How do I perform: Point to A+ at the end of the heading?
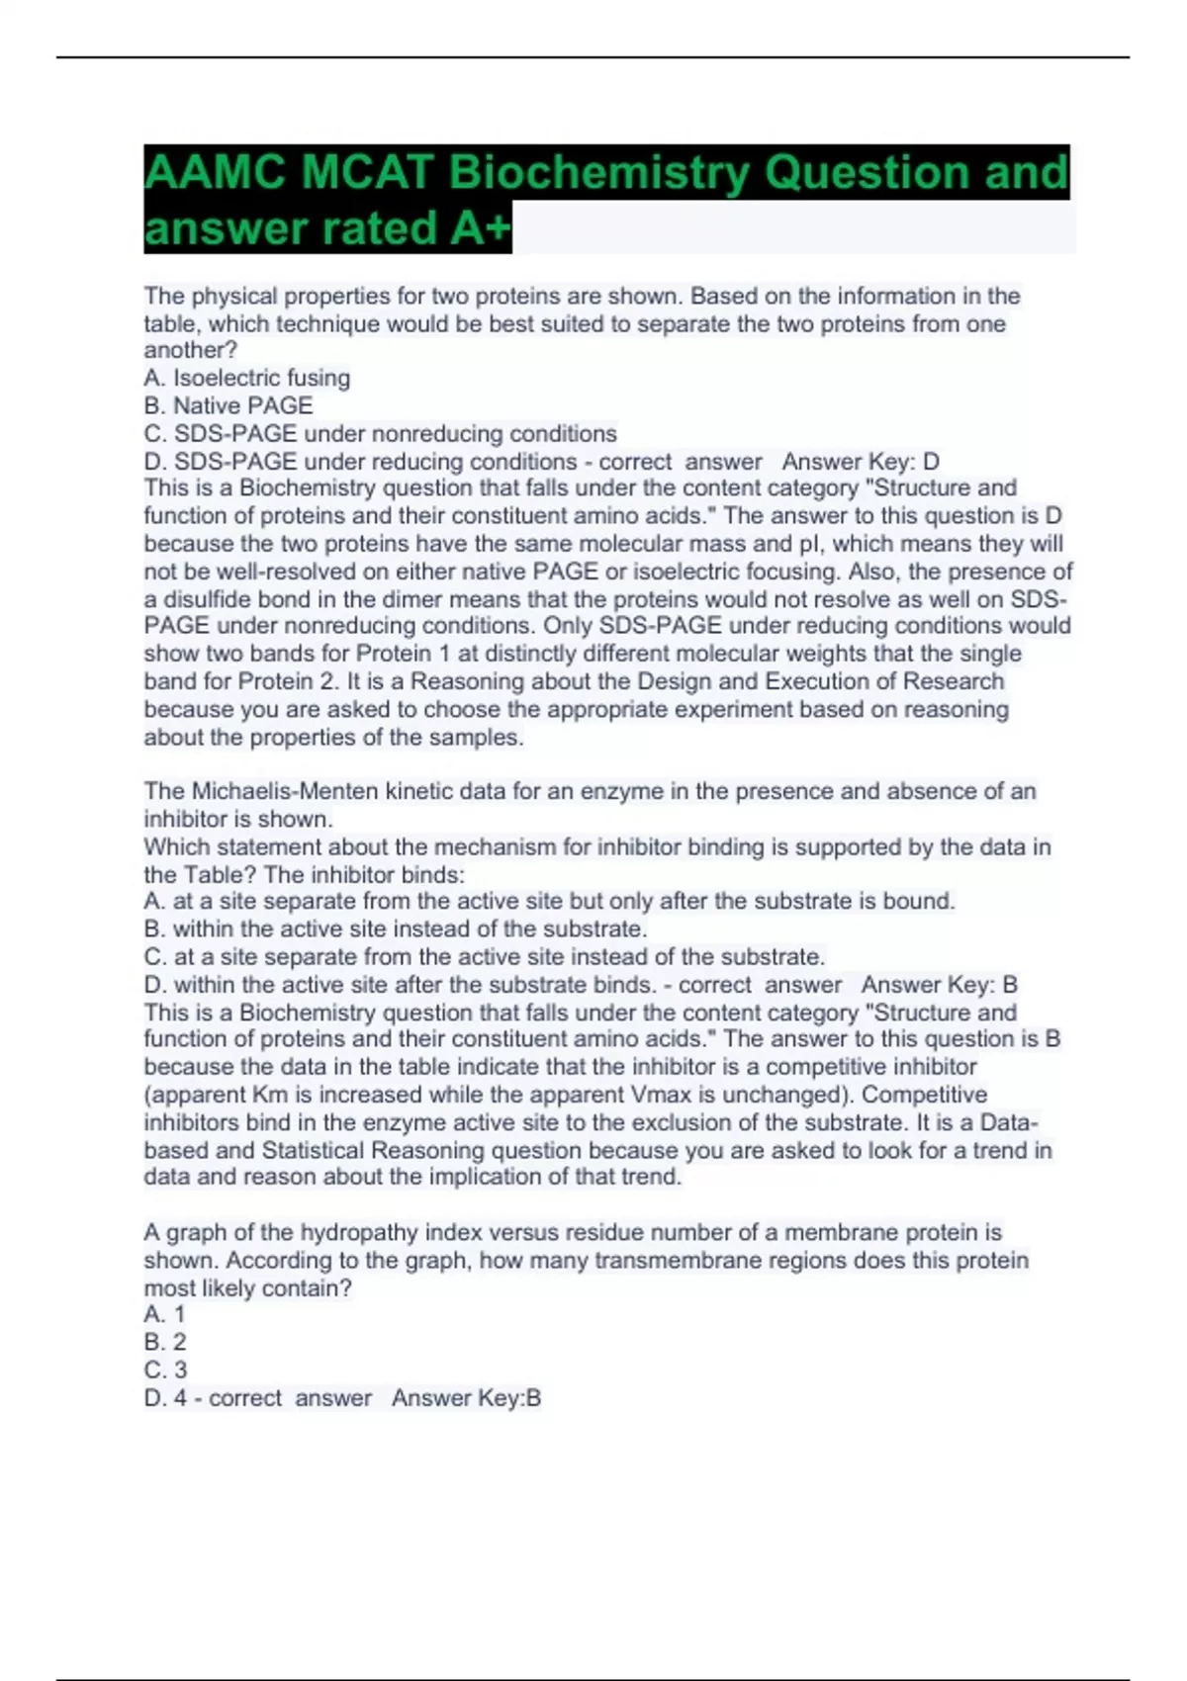click(480, 228)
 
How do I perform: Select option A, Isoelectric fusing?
click(247, 378)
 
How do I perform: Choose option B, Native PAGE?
click(228, 405)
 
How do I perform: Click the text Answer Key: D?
click(861, 462)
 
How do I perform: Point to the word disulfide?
click(208, 599)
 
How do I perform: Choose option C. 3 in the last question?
click(165, 1370)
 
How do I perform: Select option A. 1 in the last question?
click(164, 1314)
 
